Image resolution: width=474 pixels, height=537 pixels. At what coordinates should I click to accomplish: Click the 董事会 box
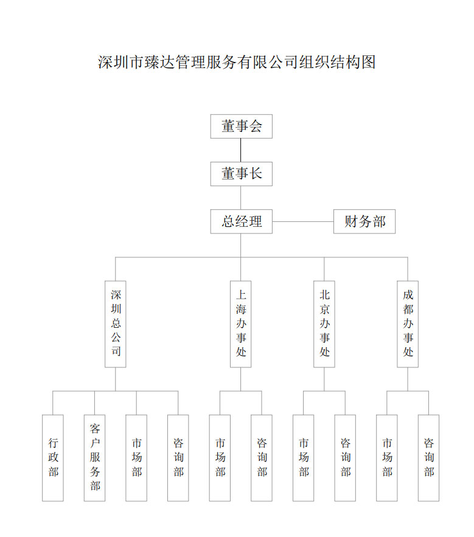(x=242, y=126)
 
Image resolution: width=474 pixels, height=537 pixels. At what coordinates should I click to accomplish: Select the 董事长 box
(x=242, y=174)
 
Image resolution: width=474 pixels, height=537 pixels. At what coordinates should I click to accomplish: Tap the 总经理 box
(x=242, y=221)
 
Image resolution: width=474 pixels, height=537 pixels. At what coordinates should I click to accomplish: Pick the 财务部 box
(x=364, y=221)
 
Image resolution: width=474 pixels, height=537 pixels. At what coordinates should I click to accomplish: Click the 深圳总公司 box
(x=116, y=324)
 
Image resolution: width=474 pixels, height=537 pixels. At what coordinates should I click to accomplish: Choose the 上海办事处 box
(x=240, y=324)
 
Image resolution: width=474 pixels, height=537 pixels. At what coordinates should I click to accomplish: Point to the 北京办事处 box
(x=324, y=324)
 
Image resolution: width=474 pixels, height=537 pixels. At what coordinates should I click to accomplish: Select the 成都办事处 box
(x=408, y=324)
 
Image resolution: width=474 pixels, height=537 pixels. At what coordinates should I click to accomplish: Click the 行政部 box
(x=53, y=458)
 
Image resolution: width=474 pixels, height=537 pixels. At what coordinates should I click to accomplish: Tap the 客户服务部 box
(x=94, y=458)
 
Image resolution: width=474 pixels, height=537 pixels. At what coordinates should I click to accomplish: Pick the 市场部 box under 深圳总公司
(x=136, y=458)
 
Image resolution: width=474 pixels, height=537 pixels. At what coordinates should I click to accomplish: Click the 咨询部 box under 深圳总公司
(x=178, y=458)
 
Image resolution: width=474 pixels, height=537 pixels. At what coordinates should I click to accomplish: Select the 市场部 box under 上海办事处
(x=220, y=458)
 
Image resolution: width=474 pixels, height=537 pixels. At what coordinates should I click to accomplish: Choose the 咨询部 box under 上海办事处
(x=262, y=458)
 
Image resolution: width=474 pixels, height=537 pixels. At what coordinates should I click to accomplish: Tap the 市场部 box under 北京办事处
(x=303, y=458)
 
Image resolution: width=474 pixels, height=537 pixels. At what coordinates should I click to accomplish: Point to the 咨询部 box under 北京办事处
(x=345, y=458)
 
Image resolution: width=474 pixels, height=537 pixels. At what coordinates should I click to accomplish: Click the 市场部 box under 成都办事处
(x=387, y=458)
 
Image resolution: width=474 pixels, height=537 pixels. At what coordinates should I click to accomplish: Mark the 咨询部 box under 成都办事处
(x=429, y=458)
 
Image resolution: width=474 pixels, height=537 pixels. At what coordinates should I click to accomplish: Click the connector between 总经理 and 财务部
(x=303, y=221)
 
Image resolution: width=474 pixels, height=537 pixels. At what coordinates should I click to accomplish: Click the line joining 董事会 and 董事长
(x=240, y=150)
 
